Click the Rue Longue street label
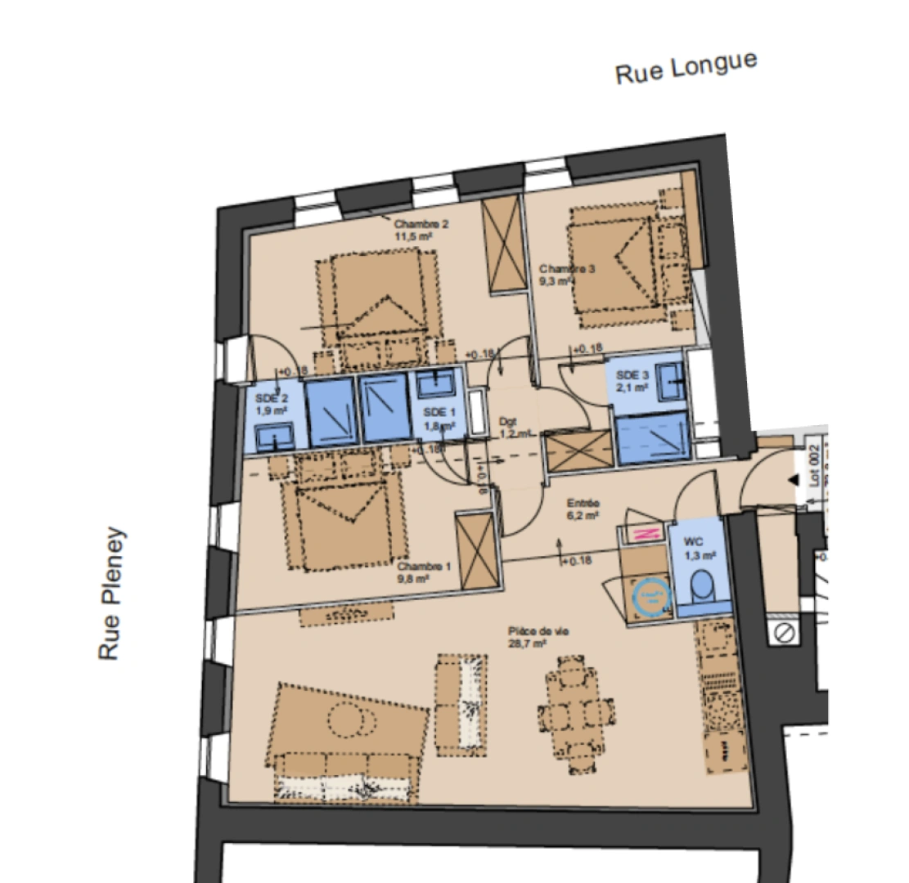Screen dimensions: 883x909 pos(686,66)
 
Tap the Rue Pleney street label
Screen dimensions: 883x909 pos(111,593)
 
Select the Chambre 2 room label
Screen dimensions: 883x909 pos(421,230)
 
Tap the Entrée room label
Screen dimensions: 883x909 pos(583,509)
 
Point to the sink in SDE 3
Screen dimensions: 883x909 pos(670,374)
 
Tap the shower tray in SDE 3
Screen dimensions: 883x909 pos(652,438)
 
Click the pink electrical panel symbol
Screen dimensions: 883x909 pos(643,534)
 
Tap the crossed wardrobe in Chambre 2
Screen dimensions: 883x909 pos(502,244)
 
